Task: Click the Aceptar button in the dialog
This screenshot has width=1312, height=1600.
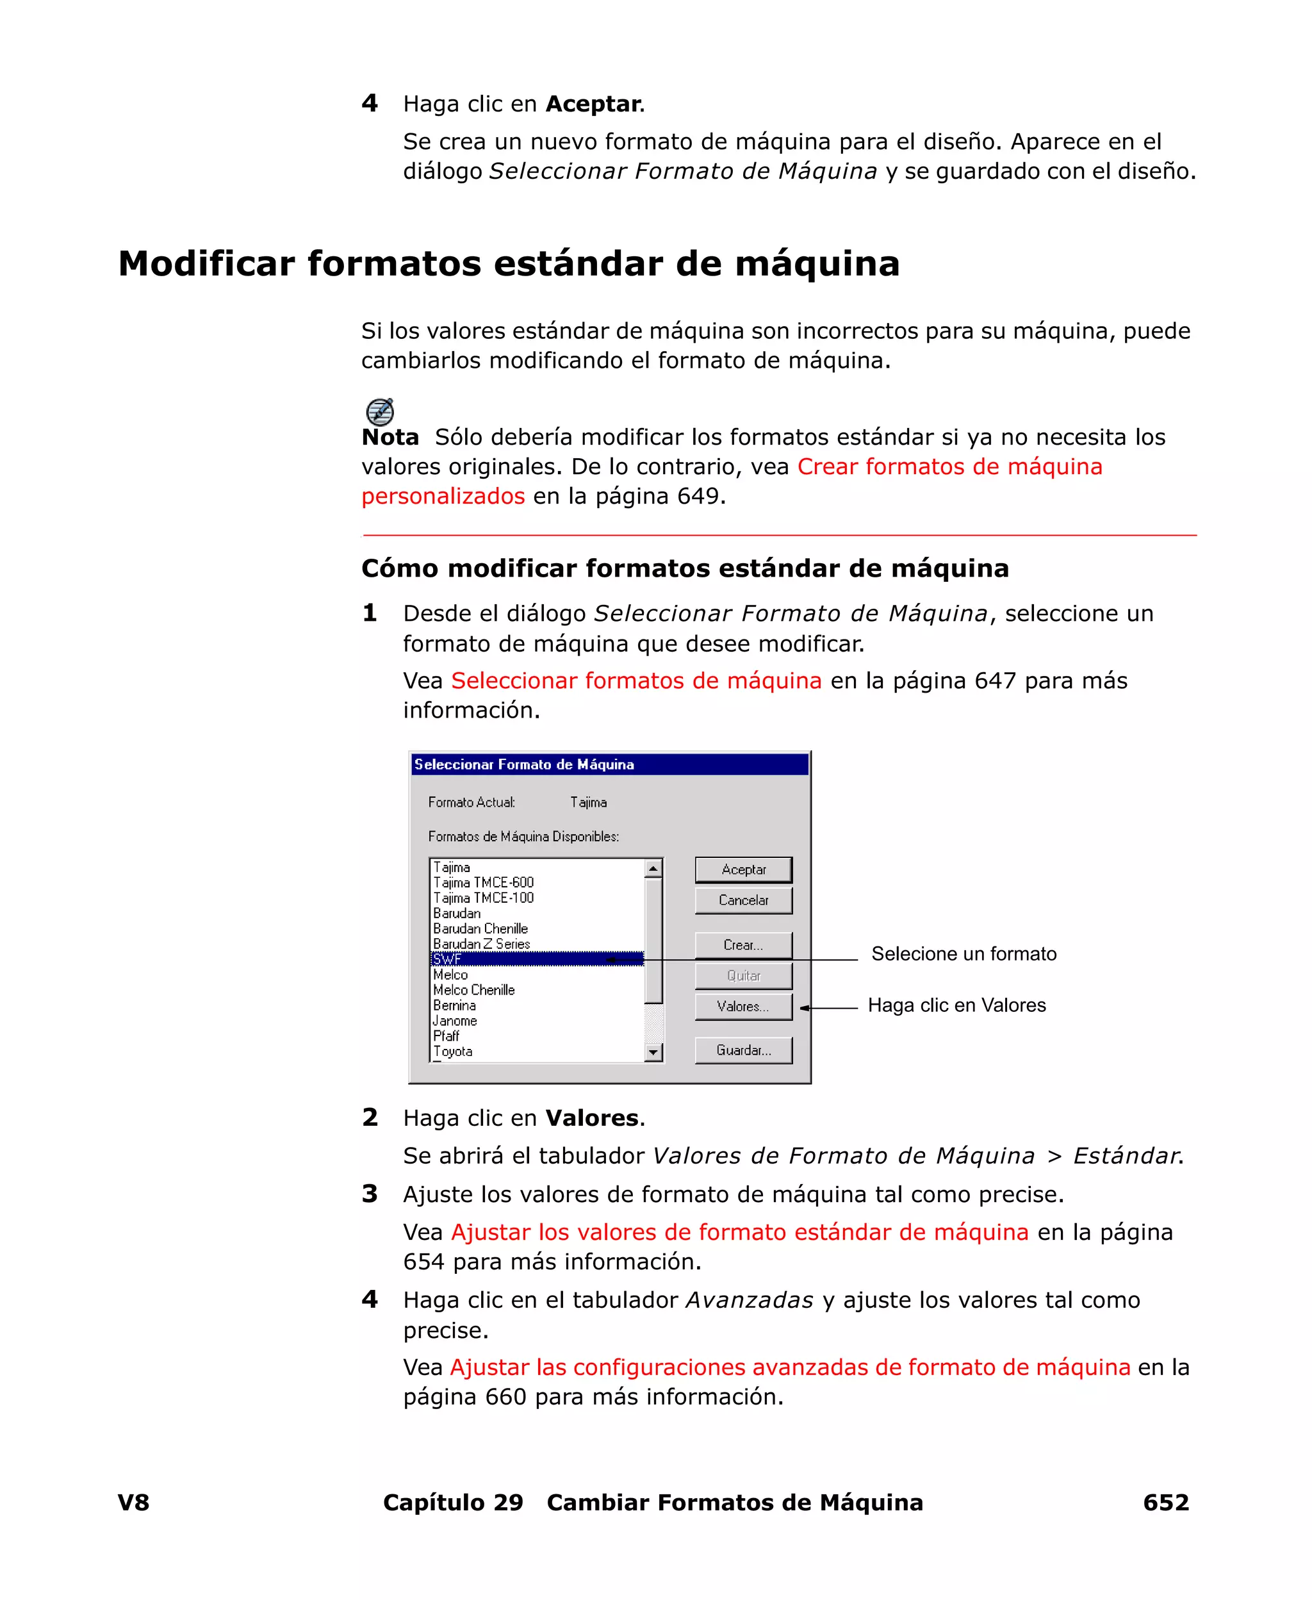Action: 743,869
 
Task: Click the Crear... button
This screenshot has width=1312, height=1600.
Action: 743,944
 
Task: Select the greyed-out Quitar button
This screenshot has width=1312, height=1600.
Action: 743,976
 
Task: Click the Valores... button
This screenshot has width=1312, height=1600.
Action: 743,1006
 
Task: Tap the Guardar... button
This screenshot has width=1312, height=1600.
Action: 743,1050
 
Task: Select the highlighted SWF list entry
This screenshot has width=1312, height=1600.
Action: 529,959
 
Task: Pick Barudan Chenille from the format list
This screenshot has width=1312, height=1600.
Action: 480,928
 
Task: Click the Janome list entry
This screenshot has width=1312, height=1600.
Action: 455,1020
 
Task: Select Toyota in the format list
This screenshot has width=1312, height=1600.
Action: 454,1052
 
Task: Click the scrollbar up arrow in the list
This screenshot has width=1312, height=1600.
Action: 653,869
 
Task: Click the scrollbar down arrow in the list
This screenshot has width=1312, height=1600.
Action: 653,1052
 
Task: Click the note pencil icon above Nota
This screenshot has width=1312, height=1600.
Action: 379,412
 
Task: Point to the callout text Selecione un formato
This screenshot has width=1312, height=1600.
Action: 963,954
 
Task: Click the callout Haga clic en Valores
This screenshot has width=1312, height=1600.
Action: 957,1005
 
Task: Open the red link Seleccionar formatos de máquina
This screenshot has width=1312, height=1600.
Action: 636,680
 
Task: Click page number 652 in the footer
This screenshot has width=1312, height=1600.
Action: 1165,1502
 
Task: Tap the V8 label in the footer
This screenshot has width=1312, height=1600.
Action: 134,1502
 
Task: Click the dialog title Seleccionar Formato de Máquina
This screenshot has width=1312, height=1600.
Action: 525,764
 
